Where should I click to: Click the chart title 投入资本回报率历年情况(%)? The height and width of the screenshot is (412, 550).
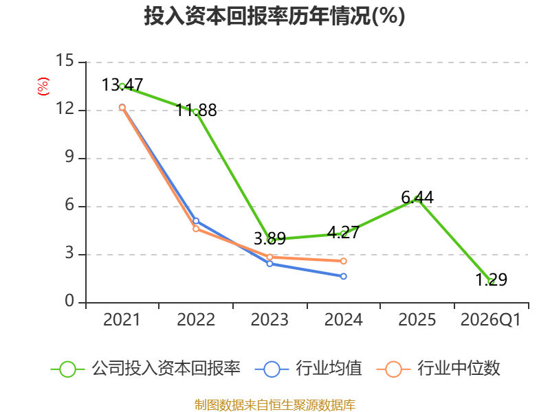(274, 16)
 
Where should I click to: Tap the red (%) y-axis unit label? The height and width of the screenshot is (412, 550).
(43, 87)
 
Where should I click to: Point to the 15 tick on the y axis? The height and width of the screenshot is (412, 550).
(65, 60)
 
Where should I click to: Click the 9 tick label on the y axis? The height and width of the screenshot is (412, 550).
(69, 157)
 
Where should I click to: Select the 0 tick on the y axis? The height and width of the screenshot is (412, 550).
(69, 301)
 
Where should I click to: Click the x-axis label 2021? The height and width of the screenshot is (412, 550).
(122, 320)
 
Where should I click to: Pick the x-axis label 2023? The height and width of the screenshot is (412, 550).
(269, 320)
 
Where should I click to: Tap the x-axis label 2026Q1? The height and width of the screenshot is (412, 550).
(491, 320)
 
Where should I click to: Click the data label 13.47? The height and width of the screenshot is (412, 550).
(122, 85)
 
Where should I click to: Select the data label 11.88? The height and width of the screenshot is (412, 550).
(196, 111)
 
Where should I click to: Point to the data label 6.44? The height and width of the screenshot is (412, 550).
(417, 198)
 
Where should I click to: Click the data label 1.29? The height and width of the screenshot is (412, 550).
(491, 279)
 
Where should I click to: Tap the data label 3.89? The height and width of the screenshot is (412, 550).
(269, 238)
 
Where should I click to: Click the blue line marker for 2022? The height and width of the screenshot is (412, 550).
(196, 221)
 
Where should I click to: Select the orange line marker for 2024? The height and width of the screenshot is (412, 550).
(344, 261)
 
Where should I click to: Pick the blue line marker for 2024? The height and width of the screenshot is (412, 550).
(344, 277)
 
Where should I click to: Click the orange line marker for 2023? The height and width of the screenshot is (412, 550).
(269, 257)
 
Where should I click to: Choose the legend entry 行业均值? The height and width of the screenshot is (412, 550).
(308, 369)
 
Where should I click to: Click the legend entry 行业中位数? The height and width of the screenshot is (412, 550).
(438, 369)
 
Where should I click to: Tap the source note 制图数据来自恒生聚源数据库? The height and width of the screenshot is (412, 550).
(275, 405)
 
